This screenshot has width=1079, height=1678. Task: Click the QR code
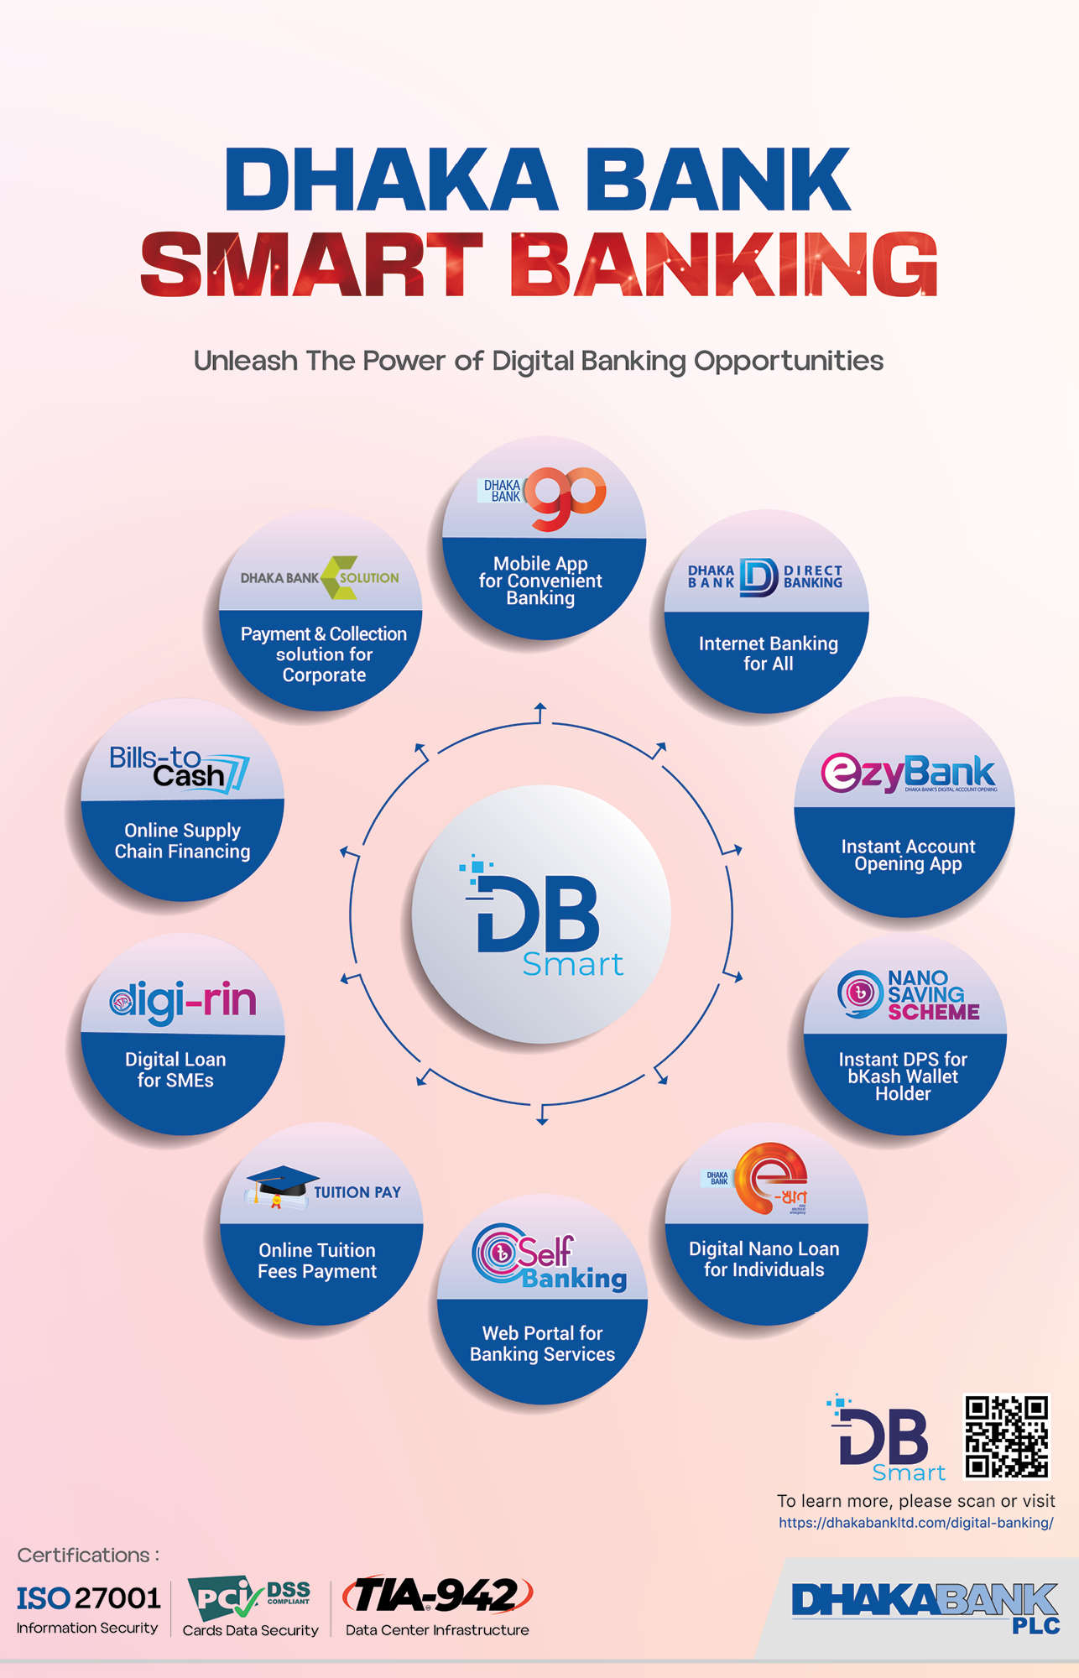coord(1006,1436)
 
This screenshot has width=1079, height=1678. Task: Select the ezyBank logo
coord(908,773)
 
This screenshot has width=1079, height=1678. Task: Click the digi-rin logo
coord(183,1001)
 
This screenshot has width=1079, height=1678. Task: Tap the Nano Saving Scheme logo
coord(909,996)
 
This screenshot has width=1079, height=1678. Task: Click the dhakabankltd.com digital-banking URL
coord(915,1522)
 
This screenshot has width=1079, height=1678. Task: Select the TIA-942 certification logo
coord(439,1595)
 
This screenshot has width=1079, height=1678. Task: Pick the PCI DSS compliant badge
coord(249,1597)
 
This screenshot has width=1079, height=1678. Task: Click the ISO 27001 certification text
coord(88,1597)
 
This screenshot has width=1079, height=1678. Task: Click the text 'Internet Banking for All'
coord(768,654)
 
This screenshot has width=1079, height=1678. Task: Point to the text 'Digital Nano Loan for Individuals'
coord(764,1258)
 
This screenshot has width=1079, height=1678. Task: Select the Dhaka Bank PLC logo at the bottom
coord(925,1606)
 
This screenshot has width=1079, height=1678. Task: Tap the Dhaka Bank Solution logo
coord(320,577)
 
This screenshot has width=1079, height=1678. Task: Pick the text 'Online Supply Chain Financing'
coord(182,841)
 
